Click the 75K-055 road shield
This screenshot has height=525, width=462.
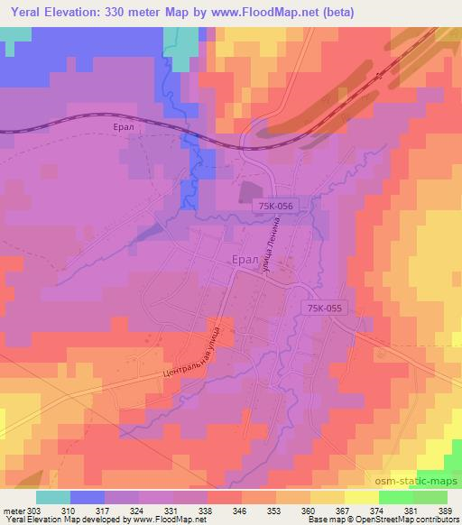tap(324, 308)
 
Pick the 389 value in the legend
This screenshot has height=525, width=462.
tap(445, 511)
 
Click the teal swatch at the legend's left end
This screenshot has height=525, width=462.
tap(53, 497)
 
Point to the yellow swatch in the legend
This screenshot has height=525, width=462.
tap(361, 497)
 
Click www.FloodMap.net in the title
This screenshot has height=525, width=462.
tap(274, 13)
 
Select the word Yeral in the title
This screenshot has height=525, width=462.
tap(24, 13)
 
